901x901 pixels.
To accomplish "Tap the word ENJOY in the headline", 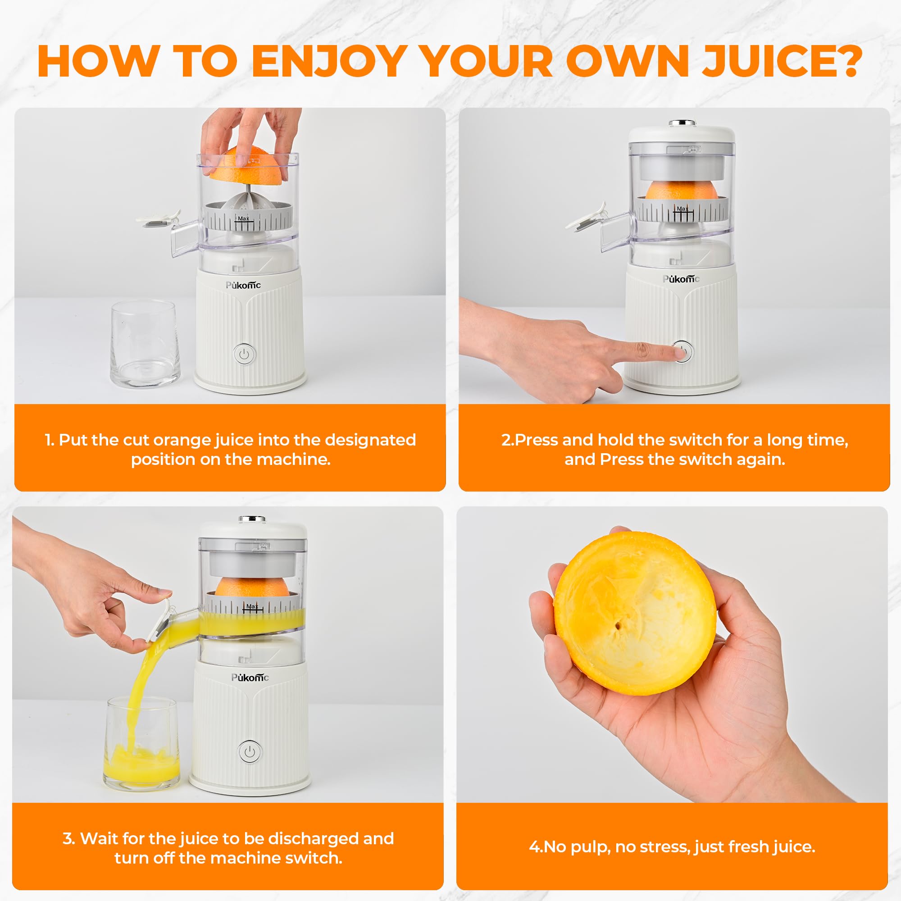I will (x=329, y=61).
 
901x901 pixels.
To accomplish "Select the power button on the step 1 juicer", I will (x=244, y=355).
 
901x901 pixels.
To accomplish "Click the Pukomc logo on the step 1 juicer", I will (x=243, y=286).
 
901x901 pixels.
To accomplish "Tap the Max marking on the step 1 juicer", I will (x=243, y=218).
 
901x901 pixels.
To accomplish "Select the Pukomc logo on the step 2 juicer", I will (x=681, y=279).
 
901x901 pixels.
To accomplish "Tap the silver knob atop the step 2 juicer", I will (x=682, y=123).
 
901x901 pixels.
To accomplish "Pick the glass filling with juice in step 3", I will (x=141, y=744).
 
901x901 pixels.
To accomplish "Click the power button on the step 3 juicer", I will (x=250, y=752).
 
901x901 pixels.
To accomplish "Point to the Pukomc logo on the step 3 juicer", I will (x=250, y=678).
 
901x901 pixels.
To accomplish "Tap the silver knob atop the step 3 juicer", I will (x=252, y=519).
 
